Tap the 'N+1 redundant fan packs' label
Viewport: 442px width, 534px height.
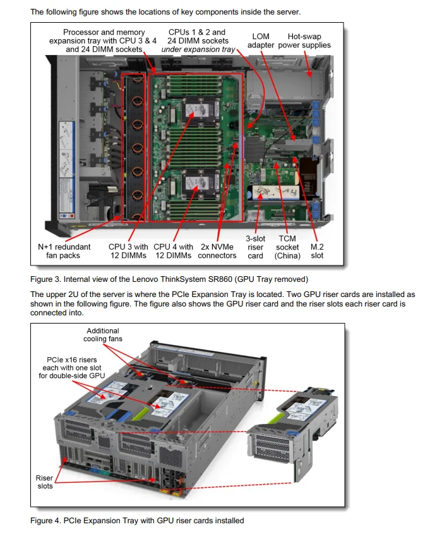click(64, 251)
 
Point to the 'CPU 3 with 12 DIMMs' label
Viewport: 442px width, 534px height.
click(128, 251)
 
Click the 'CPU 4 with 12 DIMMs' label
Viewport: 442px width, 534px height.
click(174, 251)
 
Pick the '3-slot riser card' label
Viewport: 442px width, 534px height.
click(255, 247)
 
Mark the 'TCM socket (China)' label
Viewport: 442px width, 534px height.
click(287, 247)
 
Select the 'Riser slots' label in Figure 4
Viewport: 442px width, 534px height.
click(44, 482)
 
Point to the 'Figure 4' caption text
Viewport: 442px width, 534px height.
click(137, 521)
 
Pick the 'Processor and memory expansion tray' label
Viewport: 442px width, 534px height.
click(103, 40)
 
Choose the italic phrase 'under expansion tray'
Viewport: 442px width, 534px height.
click(198, 49)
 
